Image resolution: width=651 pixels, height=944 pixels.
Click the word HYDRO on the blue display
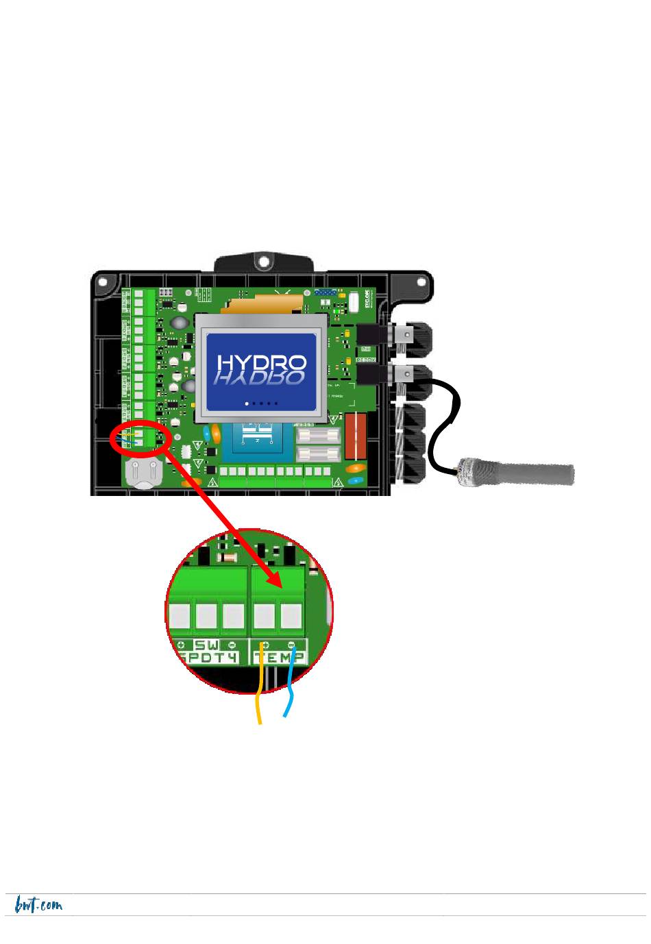[261, 363]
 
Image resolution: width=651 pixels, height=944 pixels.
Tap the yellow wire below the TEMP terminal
[259, 699]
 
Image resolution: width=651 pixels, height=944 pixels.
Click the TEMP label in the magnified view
[280, 658]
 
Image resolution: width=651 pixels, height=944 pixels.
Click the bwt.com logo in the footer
[38, 905]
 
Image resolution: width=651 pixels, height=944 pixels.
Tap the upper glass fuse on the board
[319, 436]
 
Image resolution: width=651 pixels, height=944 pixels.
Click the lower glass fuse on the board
[319, 454]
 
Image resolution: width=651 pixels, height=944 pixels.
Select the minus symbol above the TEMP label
[291, 645]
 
